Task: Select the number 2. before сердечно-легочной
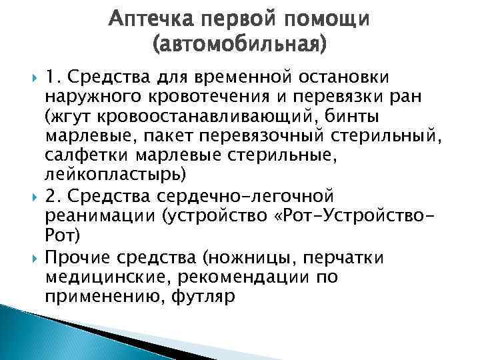(x=53, y=199)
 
